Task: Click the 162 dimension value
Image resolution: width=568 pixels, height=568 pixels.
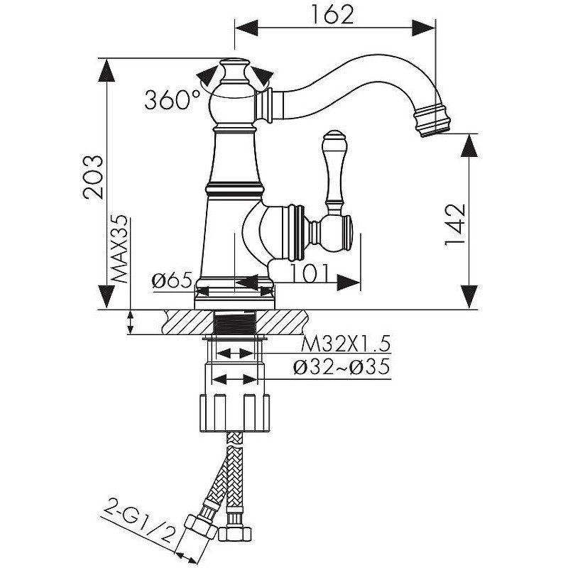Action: [332, 16]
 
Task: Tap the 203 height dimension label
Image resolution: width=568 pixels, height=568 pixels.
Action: [93, 177]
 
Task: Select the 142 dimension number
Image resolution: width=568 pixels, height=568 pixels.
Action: [454, 225]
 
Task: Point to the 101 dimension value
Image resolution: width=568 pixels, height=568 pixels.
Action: [310, 273]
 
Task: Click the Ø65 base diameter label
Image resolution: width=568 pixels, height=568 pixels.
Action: [172, 280]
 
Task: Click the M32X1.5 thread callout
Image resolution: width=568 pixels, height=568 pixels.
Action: [346, 344]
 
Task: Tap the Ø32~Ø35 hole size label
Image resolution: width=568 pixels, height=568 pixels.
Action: [342, 367]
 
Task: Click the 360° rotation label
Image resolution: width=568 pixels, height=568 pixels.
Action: [173, 99]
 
